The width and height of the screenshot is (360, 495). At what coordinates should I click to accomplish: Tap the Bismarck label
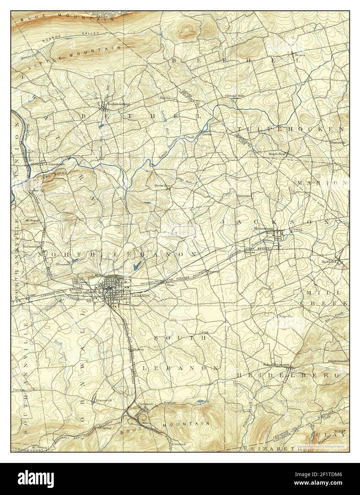click(x=104, y=400)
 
